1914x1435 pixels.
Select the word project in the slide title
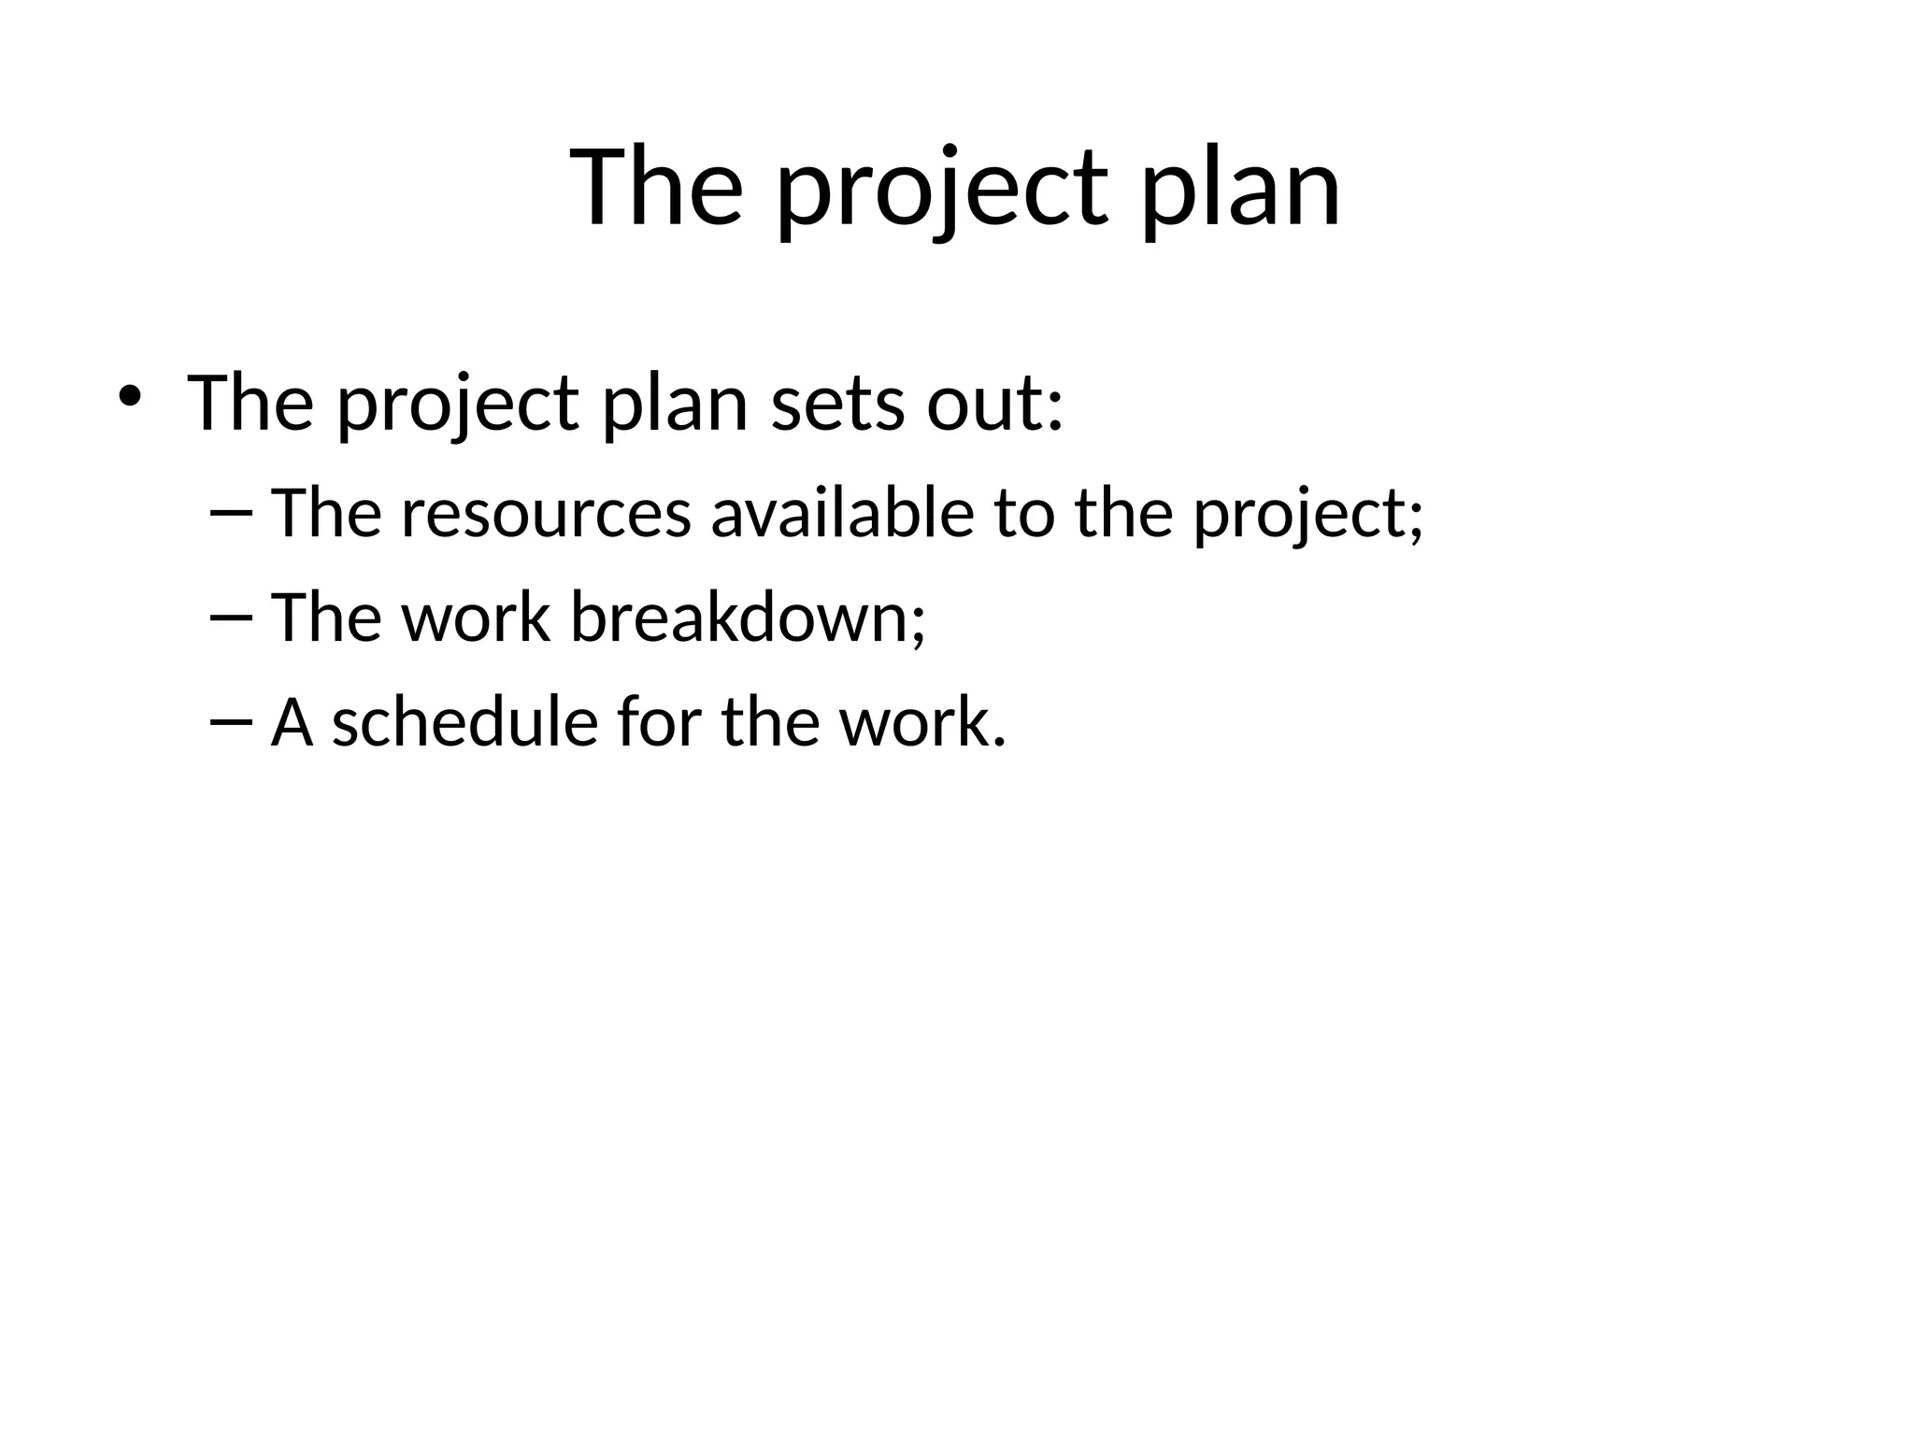point(943,192)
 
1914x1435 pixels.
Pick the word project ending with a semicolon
point(1307,516)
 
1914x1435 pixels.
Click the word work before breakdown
point(476,618)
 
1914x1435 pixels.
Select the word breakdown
point(747,618)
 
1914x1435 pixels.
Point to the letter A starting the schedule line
point(292,722)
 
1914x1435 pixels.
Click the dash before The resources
point(231,513)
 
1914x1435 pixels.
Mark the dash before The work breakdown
point(231,618)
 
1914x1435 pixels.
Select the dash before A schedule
point(231,722)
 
